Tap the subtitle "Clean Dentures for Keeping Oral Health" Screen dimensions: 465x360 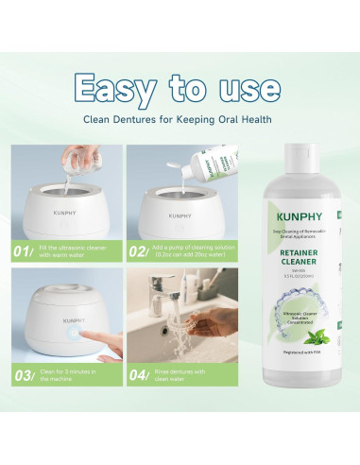pos(180,119)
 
